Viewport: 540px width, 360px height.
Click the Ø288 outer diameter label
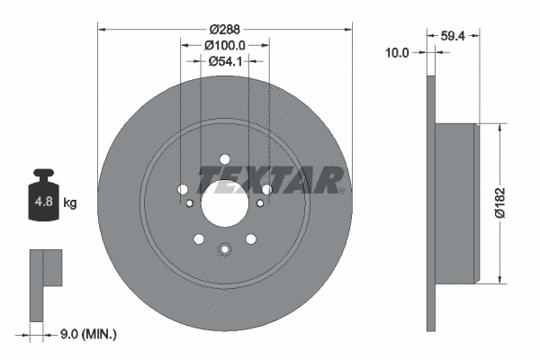[221, 29]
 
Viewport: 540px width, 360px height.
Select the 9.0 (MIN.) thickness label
[86, 334]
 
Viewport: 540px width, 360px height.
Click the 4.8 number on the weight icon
[42, 202]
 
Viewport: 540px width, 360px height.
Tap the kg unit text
[70, 203]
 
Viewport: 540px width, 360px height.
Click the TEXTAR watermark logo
[270, 177]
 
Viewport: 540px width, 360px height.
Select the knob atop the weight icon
[42, 175]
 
